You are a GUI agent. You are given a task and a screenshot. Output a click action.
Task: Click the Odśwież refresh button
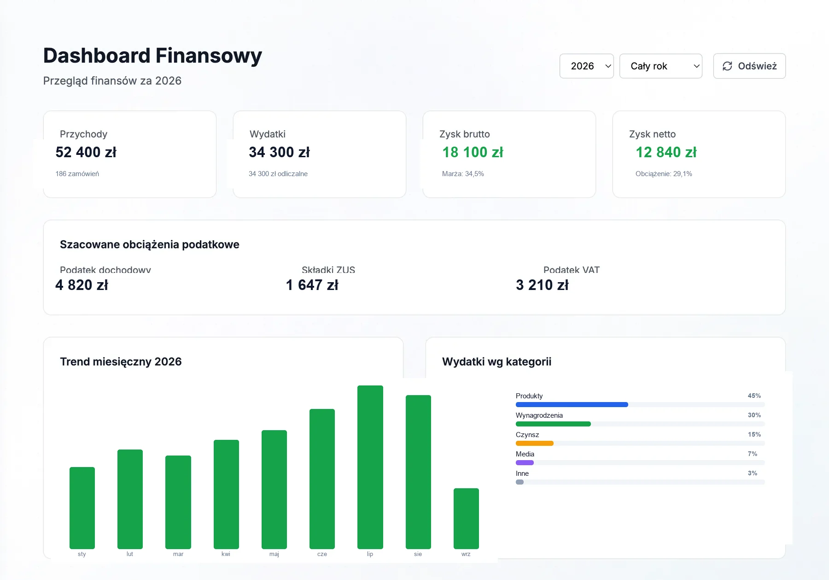[x=749, y=66]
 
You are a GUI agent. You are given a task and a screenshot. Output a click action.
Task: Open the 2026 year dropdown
[x=586, y=66]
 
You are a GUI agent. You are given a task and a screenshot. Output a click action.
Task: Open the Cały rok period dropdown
[x=660, y=66]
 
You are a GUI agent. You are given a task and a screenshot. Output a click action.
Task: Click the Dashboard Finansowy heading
[x=152, y=56]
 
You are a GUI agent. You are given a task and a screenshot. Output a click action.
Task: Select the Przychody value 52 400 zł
[x=86, y=152]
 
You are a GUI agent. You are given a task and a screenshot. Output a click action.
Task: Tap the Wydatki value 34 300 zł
[x=279, y=152]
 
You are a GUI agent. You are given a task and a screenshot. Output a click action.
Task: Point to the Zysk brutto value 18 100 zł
[x=473, y=152]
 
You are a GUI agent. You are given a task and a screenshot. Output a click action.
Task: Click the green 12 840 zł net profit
[x=666, y=152]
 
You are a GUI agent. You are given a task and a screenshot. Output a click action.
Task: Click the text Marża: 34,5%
[x=463, y=174]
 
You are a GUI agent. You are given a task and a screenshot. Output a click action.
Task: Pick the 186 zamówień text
[x=77, y=174]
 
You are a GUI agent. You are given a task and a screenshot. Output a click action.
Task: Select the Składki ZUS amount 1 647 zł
[x=312, y=285]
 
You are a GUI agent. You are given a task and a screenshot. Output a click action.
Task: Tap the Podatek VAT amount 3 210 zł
[x=543, y=285]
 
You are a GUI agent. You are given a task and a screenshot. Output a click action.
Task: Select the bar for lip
[x=370, y=467]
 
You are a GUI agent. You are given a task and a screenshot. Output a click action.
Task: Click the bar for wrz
[x=466, y=518]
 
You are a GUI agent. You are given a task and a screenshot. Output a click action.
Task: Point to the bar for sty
[x=82, y=508]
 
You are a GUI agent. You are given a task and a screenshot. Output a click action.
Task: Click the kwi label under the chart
[x=226, y=554]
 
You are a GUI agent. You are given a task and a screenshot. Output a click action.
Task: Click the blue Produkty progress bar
[x=572, y=404]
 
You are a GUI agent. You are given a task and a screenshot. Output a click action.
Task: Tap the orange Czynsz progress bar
[x=535, y=443]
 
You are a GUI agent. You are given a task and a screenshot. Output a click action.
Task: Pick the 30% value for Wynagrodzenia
[x=754, y=415]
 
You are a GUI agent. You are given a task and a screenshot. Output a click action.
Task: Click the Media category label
[x=525, y=454]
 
